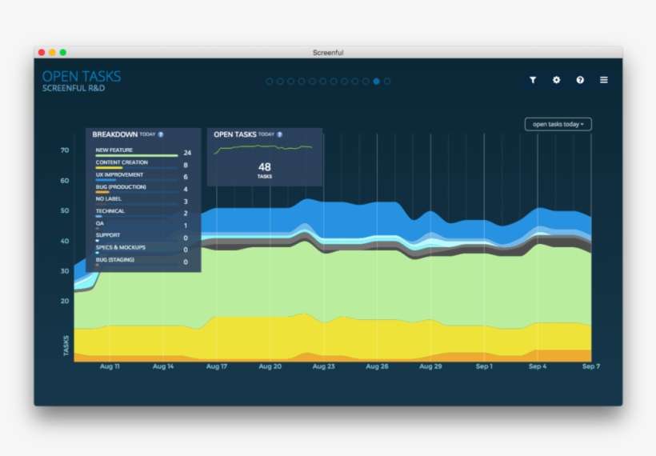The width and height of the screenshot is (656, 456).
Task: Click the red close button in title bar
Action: pyautogui.click(x=42, y=52)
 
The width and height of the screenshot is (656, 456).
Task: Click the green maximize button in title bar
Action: pyautogui.click(x=62, y=52)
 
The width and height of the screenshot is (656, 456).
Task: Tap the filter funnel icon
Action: pyautogui.click(x=532, y=80)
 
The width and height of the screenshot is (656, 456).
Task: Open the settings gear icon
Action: pyautogui.click(x=556, y=80)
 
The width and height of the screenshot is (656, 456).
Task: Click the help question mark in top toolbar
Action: pyautogui.click(x=580, y=80)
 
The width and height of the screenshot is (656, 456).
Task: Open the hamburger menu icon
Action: pyautogui.click(x=604, y=80)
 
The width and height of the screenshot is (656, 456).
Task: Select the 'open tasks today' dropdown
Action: pyautogui.click(x=558, y=124)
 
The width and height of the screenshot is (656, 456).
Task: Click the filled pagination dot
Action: pyautogui.click(x=376, y=81)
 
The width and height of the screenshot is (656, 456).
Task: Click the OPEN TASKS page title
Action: pyautogui.click(x=82, y=77)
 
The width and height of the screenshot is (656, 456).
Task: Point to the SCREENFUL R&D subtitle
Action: pyautogui.click(x=74, y=88)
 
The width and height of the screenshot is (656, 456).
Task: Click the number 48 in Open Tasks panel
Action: pyautogui.click(x=265, y=167)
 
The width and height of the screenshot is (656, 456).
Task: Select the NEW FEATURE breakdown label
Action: pyautogui.click(x=114, y=150)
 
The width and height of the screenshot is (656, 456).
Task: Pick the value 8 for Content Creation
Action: pyautogui.click(x=186, y=165)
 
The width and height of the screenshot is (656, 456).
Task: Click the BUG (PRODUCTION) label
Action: pyautogui.click(x=121, y=186)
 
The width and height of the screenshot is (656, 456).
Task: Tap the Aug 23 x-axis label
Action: pyautogui.click(x=324, y=366)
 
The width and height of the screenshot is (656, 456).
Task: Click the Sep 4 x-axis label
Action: pyautogui.click(x=538, y=366)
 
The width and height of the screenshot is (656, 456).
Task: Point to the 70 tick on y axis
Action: pyautogui.click(x=64, y=150)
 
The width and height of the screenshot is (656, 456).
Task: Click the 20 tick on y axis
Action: pyautogui.click(x=64, y=301)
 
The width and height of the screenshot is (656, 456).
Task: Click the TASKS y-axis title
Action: pyautogui.click(x=66, y=345)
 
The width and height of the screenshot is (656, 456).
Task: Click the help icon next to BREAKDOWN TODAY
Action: pyautogui.click(x=161, y=134)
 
